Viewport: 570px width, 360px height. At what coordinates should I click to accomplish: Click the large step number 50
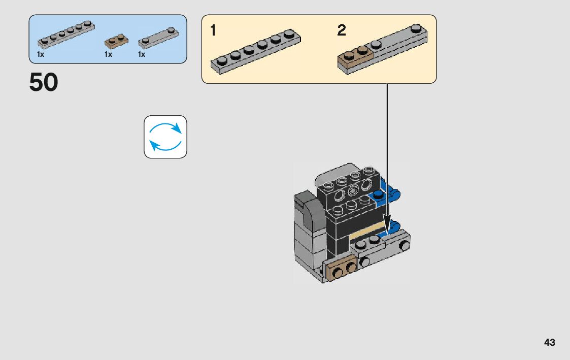(x=44, y=83)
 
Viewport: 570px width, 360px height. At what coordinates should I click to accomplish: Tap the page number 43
(x=549, y=342)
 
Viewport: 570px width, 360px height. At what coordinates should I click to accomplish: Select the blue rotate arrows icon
(x=165, y=137)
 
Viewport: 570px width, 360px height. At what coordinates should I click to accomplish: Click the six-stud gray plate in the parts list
(x=66, y=34)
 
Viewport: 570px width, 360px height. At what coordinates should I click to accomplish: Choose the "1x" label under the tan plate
(x=108, y=54)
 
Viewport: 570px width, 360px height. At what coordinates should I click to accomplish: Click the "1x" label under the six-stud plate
(x=41, y=54)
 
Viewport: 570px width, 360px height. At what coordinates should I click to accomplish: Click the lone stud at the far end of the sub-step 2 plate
(x=416, y=29)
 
